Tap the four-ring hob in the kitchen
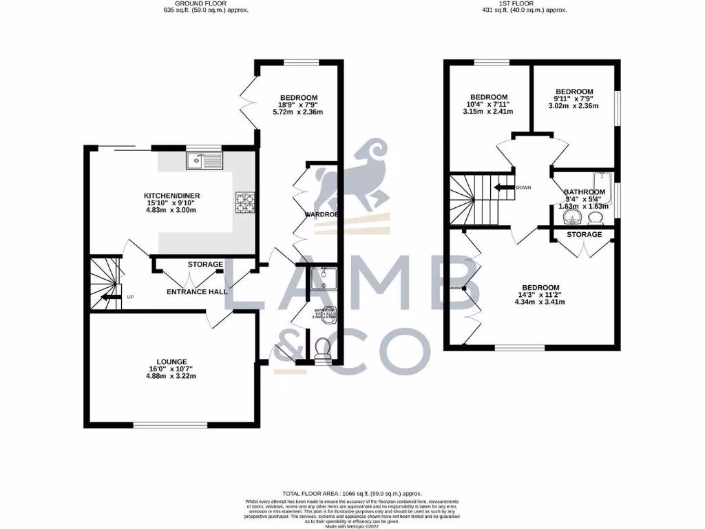[245, 203]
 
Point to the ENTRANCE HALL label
[197, 292]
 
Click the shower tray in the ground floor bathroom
[321, 280]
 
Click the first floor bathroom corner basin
[571, 218]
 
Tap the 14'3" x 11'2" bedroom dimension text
[540, 295]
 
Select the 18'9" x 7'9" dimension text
[297, 105]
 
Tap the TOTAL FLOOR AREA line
[352, 494]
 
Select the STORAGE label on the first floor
[584, 235]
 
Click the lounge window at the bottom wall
[170, 424]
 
